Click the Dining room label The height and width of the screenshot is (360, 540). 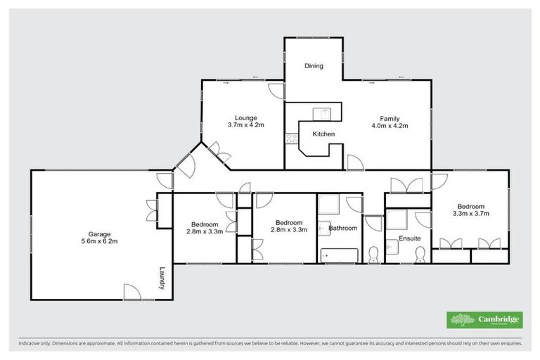pyautogui.click(x=314, y=66)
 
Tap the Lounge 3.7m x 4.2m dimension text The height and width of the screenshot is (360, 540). pyautogui.click(x=245, y=125)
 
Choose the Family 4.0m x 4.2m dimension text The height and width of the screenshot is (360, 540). pyautogui.click(x=390, y=126)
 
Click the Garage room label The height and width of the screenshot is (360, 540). pyautogui.click(x=99, y=233)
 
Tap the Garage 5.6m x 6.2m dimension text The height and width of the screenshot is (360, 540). pyautogui.click(x=99, y=241)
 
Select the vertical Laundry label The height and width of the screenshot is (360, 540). pyautogui.click(x=161, y=277)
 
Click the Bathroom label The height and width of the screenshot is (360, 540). pyautogui.click(x=343, y=228)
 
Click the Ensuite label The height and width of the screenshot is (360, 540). pyautogui.click(x=409, y=238)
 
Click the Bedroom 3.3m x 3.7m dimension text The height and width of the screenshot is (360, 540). pyautogui.click(x=470, y=213)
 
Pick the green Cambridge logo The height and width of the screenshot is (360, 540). pyautogui.click(x=485, y=320)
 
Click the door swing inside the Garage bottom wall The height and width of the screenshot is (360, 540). pyautogui.click(x=131, y=292)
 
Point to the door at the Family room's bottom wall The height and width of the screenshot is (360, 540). pyautogui.click(x=355, y=162)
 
